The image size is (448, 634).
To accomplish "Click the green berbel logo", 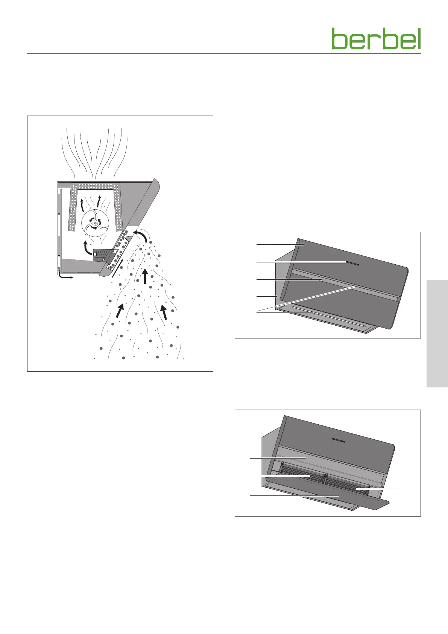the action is click(376, 39).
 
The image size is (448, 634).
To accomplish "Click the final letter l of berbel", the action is click(419, 39).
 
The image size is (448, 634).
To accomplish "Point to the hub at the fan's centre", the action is click(95, 223).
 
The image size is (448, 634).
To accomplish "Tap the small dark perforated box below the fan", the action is click(101, 255).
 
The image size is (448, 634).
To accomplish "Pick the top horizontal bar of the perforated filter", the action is click(96, 186).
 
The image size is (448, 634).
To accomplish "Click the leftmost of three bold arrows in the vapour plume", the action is click(120, 310).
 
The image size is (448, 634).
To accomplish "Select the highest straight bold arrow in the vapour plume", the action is click(145, 276).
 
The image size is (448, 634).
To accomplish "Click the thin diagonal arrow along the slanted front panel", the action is click(118, 267).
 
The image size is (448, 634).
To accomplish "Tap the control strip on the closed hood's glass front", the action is click(352, 264).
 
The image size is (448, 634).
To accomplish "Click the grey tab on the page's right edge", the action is click(437, 334).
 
